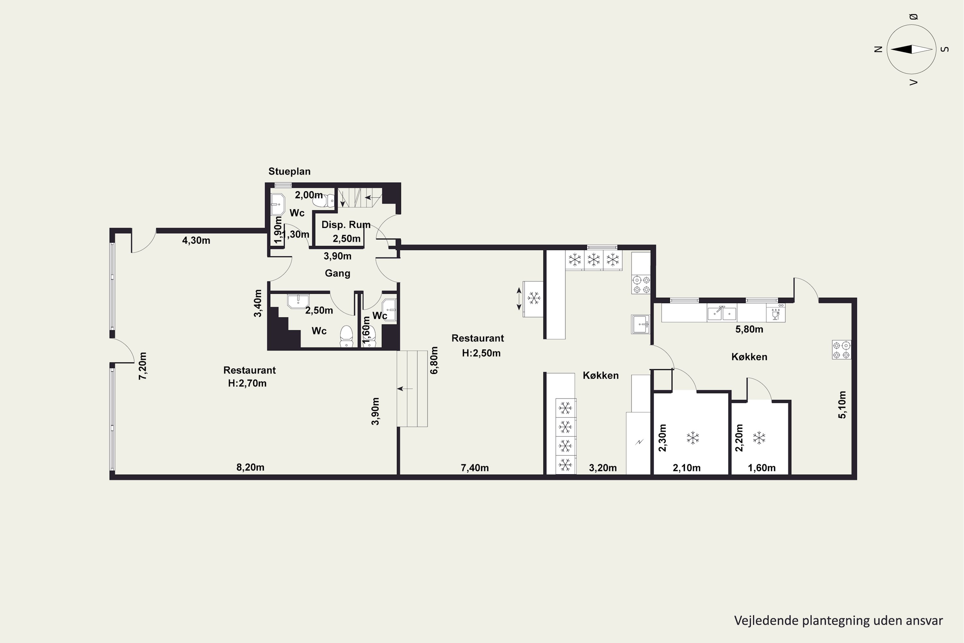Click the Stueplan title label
pos(290,171)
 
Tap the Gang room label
pos(337,273)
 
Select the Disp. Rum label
pos(346,225)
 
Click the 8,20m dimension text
pos(250,467)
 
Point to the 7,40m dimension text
pos(475,467)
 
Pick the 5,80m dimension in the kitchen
pos(749,329)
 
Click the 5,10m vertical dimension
pos(842,405)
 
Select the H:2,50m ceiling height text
pos(481,353)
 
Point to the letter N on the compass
pos(878,49)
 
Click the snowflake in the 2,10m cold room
pos(693,438)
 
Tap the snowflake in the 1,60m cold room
pos(759,438)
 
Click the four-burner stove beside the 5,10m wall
pos(842,350)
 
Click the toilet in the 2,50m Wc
pos(346,336)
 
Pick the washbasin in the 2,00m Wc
pos(278,204)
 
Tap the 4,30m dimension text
pos(196,240)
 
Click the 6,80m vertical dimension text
pos(434,360)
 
